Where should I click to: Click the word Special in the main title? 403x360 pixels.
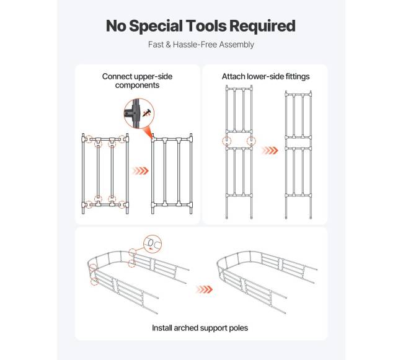[x=156, y=26]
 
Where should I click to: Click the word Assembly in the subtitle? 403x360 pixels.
[x=237, y=45]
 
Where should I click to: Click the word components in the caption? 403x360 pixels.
[x=137, y=86]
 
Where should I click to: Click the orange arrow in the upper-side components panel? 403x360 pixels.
[x=140, y=171]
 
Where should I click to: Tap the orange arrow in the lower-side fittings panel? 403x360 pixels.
[x=270, y=150]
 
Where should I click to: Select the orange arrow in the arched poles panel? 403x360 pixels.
[x=204, y=289]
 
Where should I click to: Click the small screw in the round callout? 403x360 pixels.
[x=148, y=113]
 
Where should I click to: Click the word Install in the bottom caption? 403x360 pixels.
[x=162, y=328]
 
